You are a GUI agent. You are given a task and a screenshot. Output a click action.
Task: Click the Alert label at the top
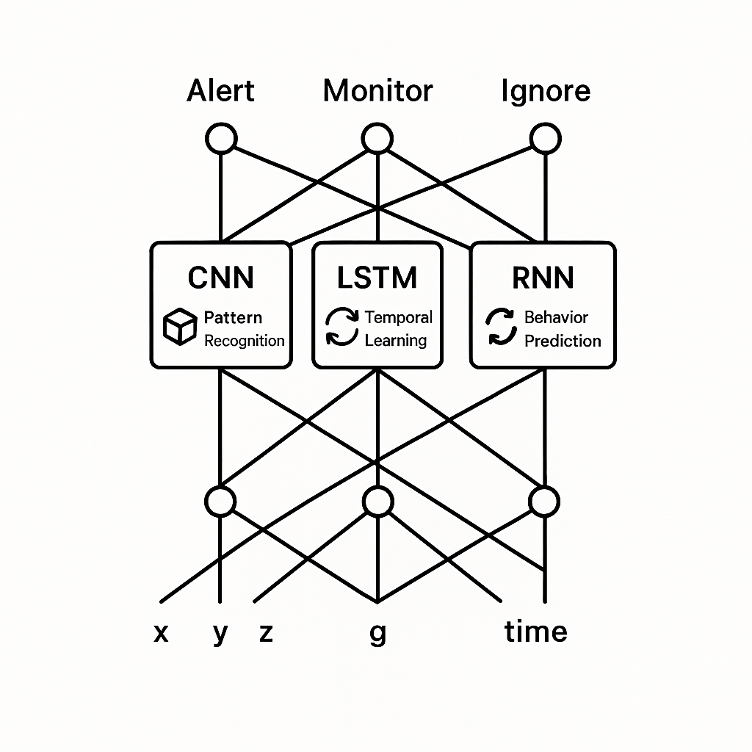click(220, 91)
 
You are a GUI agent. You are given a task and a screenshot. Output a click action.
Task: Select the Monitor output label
click(377, 91)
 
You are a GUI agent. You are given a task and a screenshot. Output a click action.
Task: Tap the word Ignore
click(545, 91)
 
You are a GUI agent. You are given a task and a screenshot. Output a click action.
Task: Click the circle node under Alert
click(221, 138)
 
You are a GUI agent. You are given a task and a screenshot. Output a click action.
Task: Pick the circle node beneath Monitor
click(377, 138)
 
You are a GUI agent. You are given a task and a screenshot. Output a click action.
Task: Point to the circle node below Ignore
click(545, 138)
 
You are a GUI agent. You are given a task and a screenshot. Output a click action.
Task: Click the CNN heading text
click(220, 278)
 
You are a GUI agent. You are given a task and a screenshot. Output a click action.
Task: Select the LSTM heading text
click(377, 278)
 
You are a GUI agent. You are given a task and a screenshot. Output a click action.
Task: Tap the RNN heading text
click(543, 278)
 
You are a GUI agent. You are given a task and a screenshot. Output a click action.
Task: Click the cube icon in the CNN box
click(180, 328)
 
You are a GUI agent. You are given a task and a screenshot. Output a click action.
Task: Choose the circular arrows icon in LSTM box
click(342, 328)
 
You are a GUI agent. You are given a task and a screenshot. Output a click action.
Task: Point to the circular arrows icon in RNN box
click(502, 328)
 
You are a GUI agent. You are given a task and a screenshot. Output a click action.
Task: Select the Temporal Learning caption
click(398, 329)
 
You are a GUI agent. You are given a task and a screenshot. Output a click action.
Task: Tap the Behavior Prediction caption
click(562, 329)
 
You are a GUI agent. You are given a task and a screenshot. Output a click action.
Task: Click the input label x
click(161, 632)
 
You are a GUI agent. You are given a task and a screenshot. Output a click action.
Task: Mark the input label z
click(266, 632)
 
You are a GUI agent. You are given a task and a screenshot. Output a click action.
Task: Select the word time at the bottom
click(535, 631)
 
